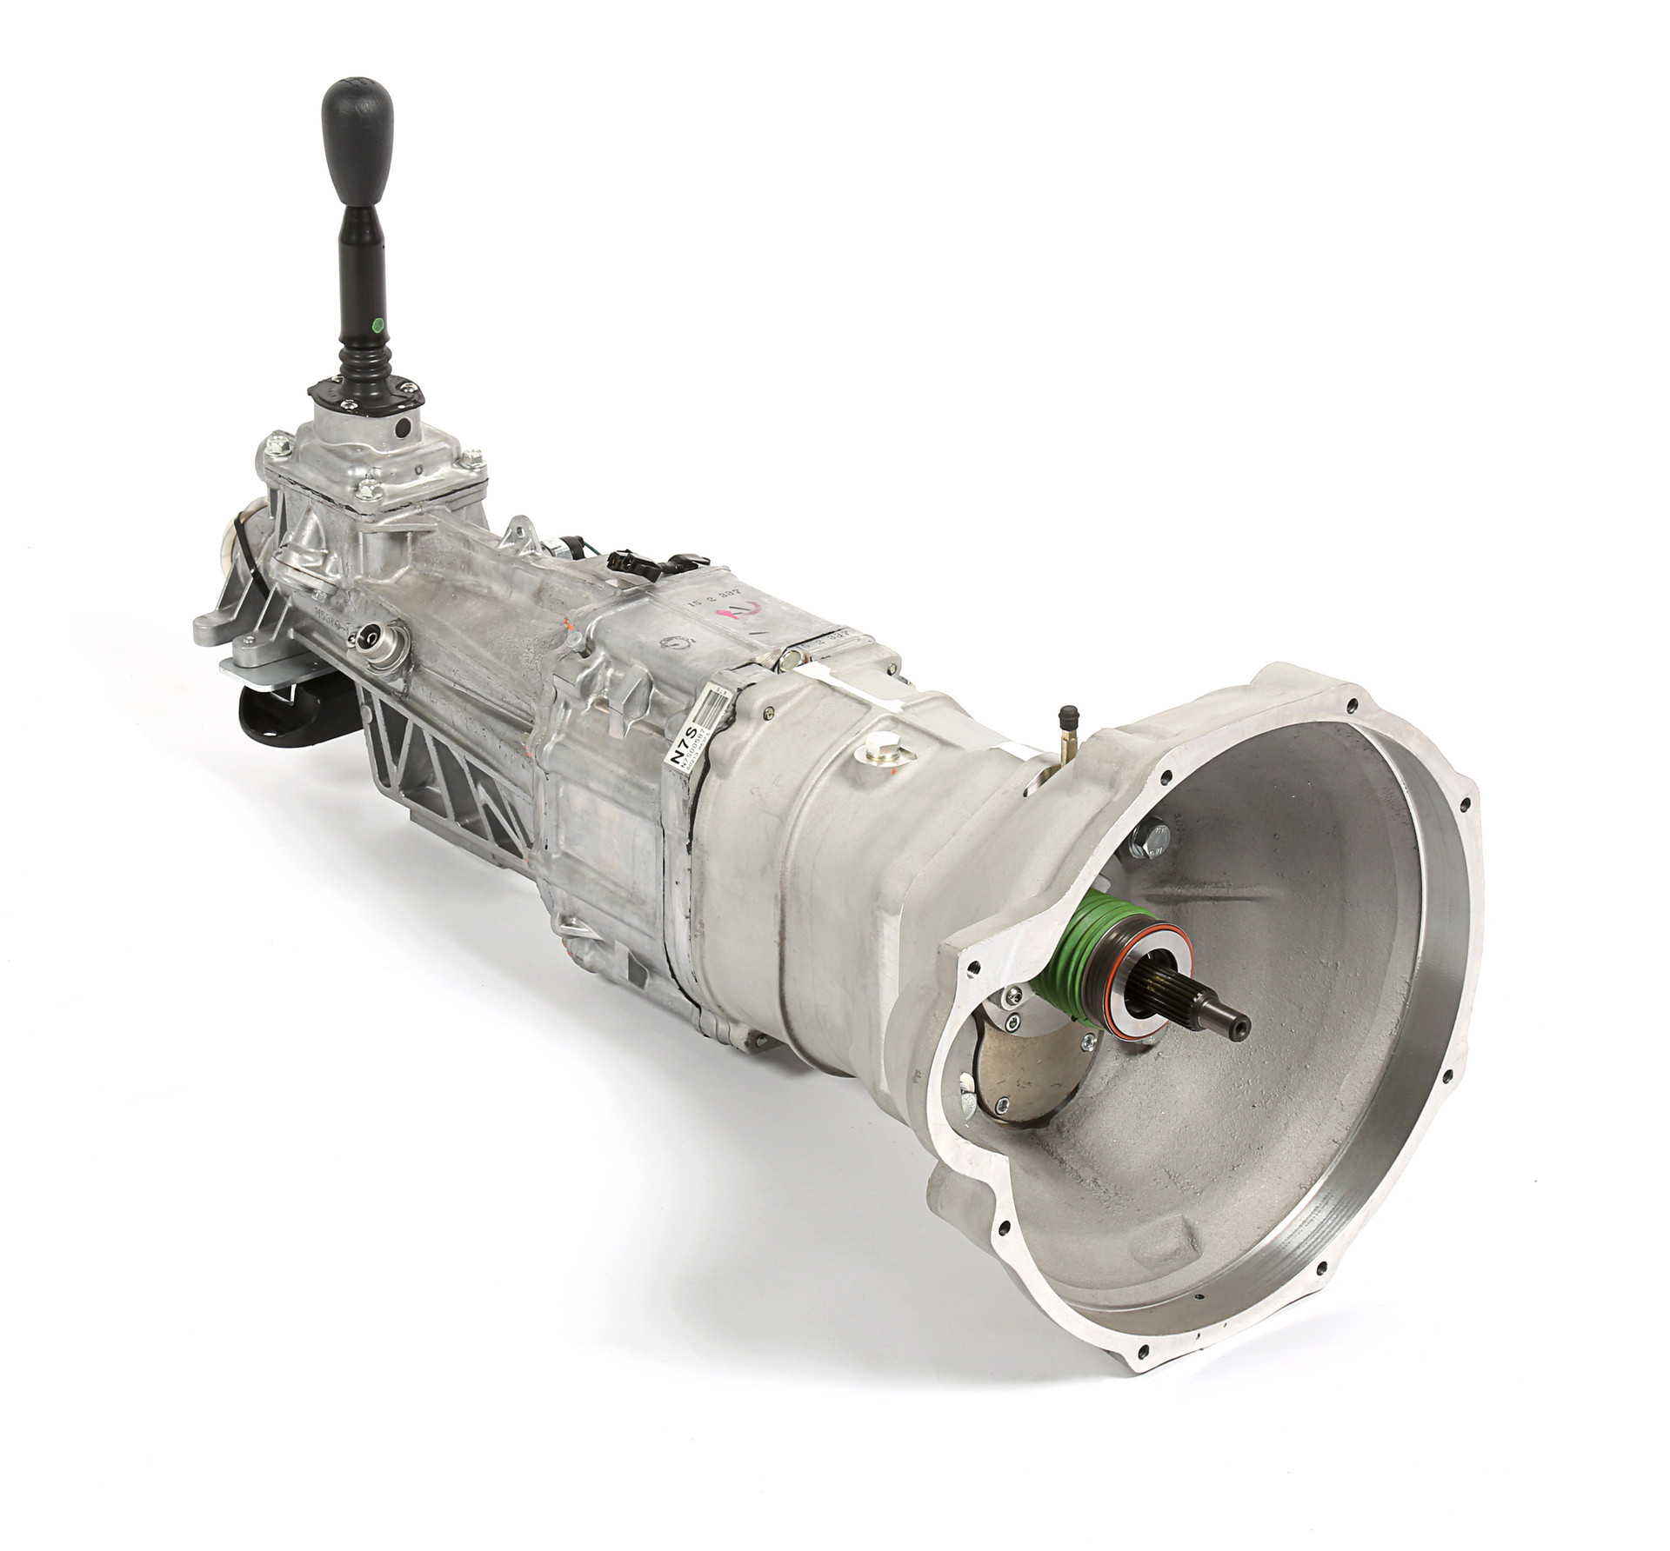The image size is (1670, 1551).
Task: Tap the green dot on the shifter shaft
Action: coord(377,328)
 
